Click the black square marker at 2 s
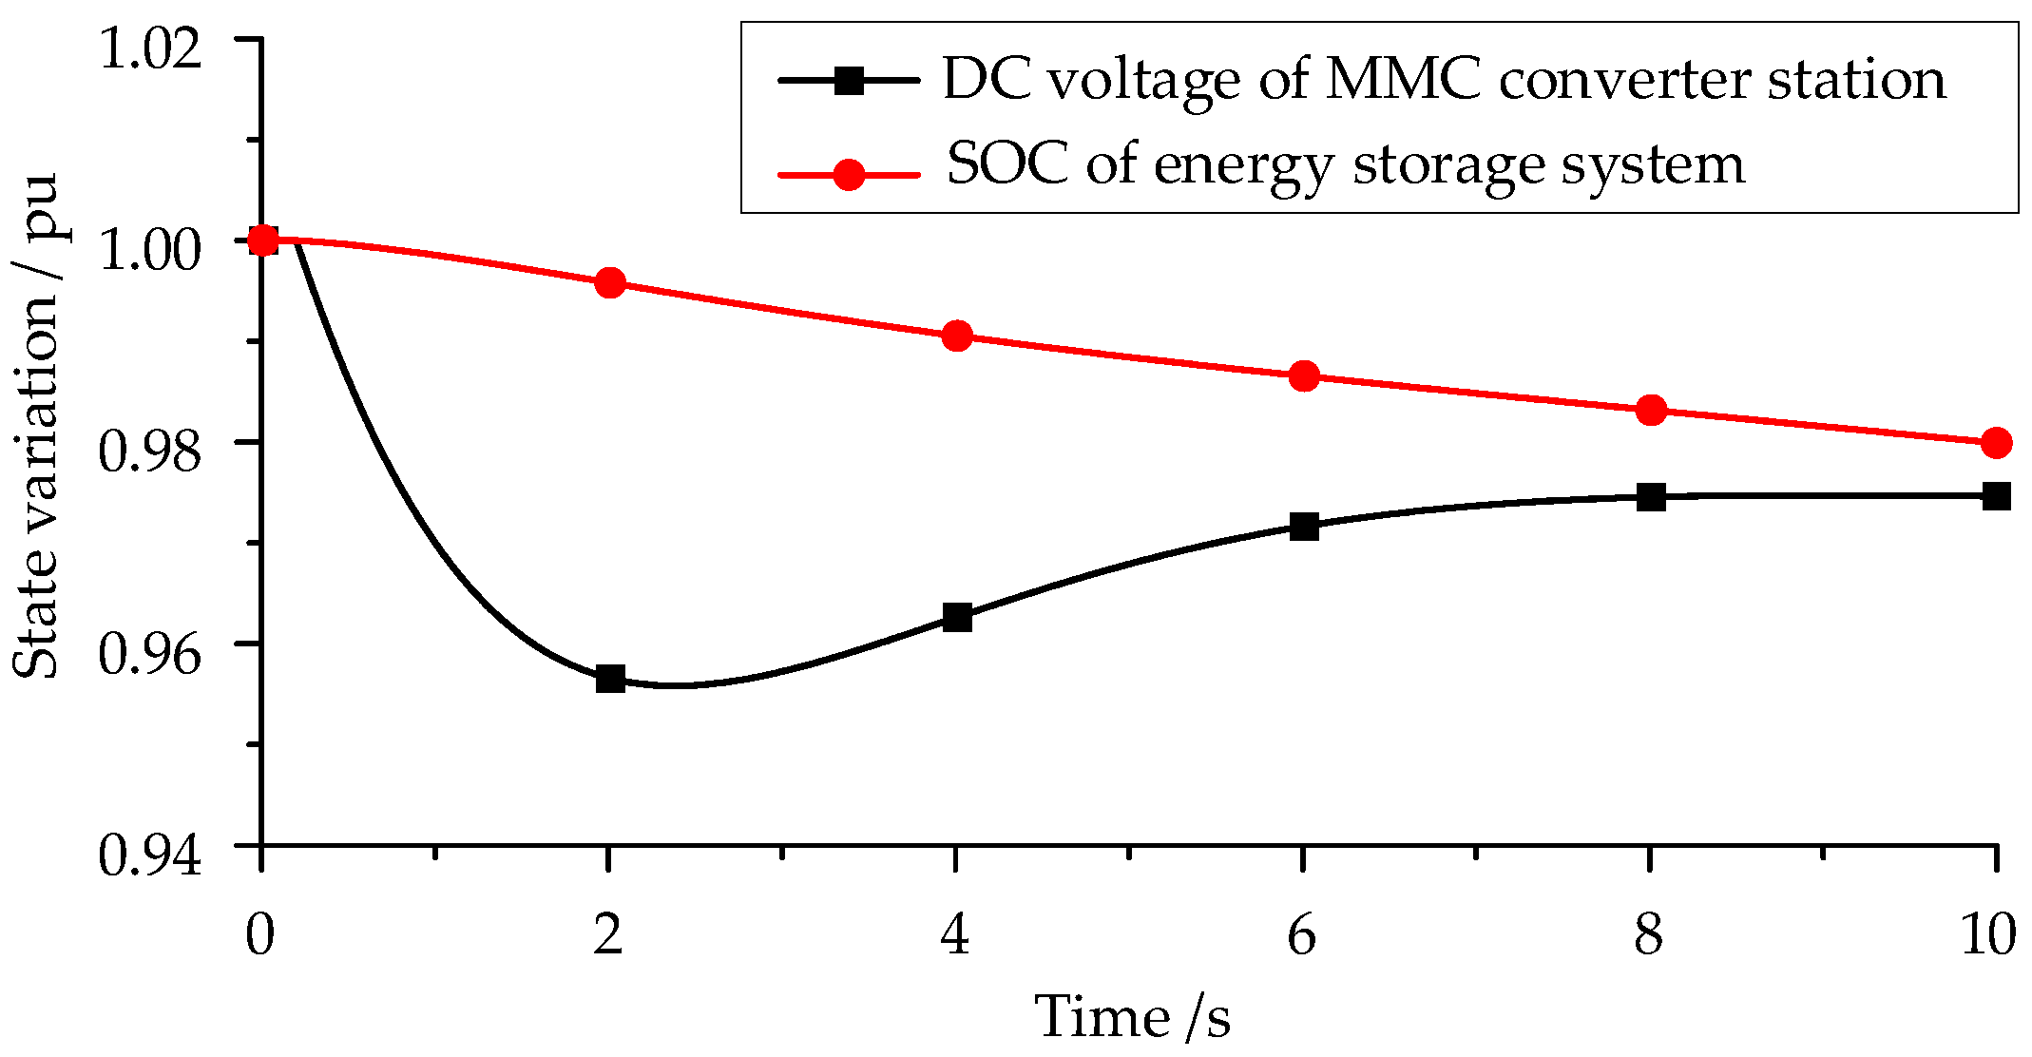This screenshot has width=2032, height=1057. [x=610, y=679]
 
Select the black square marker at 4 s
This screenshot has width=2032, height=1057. [x=957, y=617]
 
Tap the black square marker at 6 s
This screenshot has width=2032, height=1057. [x=1304, y=526]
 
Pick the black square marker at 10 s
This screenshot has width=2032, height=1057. [x=1997, y=496]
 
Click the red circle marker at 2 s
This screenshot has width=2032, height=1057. [x=610, y=282]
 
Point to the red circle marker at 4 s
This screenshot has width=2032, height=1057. [x=957, y=336]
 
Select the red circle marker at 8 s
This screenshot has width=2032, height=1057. [x=1651, y=411]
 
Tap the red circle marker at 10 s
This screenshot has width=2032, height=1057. [x=1997, y=443]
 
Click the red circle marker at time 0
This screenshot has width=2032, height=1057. [x=263, y=240]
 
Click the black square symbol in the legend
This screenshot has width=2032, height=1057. [x=848, y=80]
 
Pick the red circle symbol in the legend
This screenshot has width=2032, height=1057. [x=848, y=174]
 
